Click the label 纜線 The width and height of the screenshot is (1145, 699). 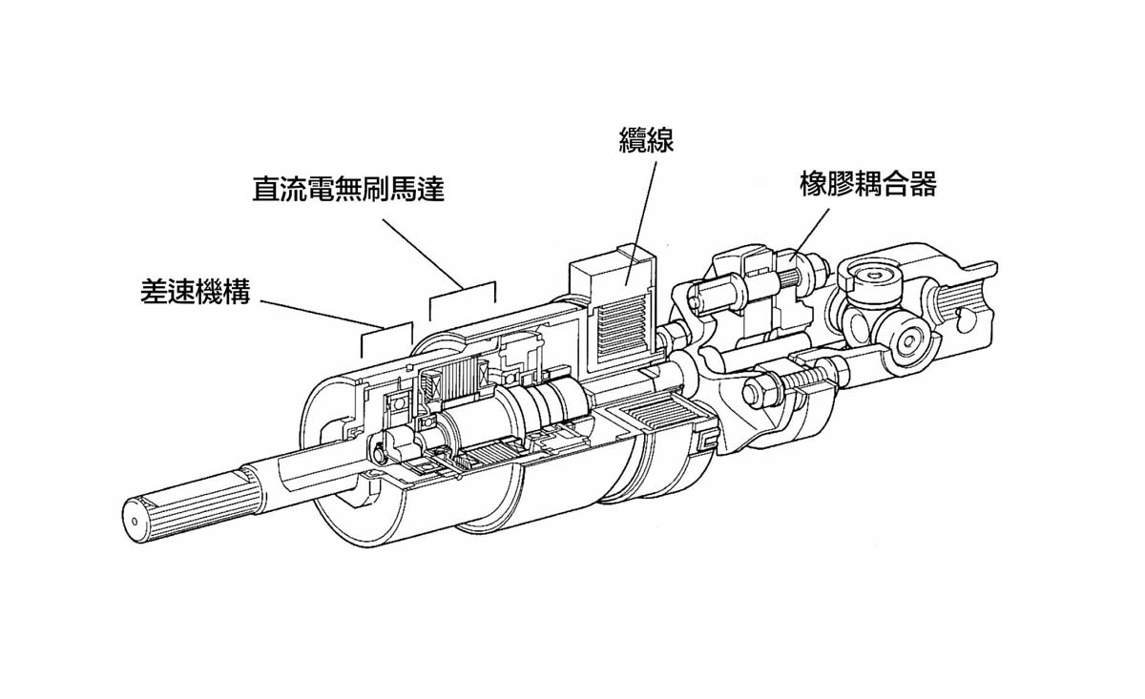click(x=647, y=140)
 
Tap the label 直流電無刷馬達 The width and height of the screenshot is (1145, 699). click(x=348, y=188)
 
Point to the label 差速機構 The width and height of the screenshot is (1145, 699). click(x=195, y=293)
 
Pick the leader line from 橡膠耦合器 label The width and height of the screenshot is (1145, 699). click(x=811, y=230)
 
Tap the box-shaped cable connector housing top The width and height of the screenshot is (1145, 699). click(x=611, y=262)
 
